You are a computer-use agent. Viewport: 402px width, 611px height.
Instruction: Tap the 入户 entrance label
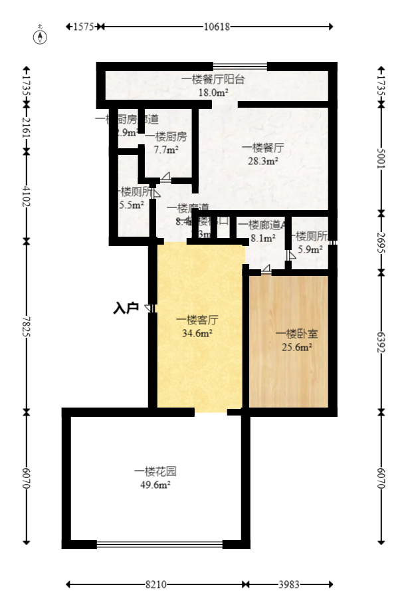[126, 308]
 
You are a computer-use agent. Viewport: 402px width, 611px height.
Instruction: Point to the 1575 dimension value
[84, 27]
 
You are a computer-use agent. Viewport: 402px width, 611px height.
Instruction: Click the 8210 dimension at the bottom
[155, 584]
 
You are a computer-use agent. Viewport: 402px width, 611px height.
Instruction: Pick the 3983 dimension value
[288, 584]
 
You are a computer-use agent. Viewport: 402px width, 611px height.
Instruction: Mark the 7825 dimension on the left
[27, 326]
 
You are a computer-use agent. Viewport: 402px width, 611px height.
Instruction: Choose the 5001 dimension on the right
[381, 159]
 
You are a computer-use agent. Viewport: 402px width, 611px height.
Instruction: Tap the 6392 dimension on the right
[381, 342]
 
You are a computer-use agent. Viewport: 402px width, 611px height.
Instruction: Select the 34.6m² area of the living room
[197, 334]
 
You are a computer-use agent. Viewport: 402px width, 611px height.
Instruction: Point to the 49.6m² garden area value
[155, 485]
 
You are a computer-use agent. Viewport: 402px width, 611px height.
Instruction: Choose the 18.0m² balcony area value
[213, 92]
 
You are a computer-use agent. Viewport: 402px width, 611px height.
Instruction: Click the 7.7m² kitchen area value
[165, 150]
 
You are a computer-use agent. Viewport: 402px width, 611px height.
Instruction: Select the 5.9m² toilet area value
[310, 249]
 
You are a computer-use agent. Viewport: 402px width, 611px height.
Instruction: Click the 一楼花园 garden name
[155, 471]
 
